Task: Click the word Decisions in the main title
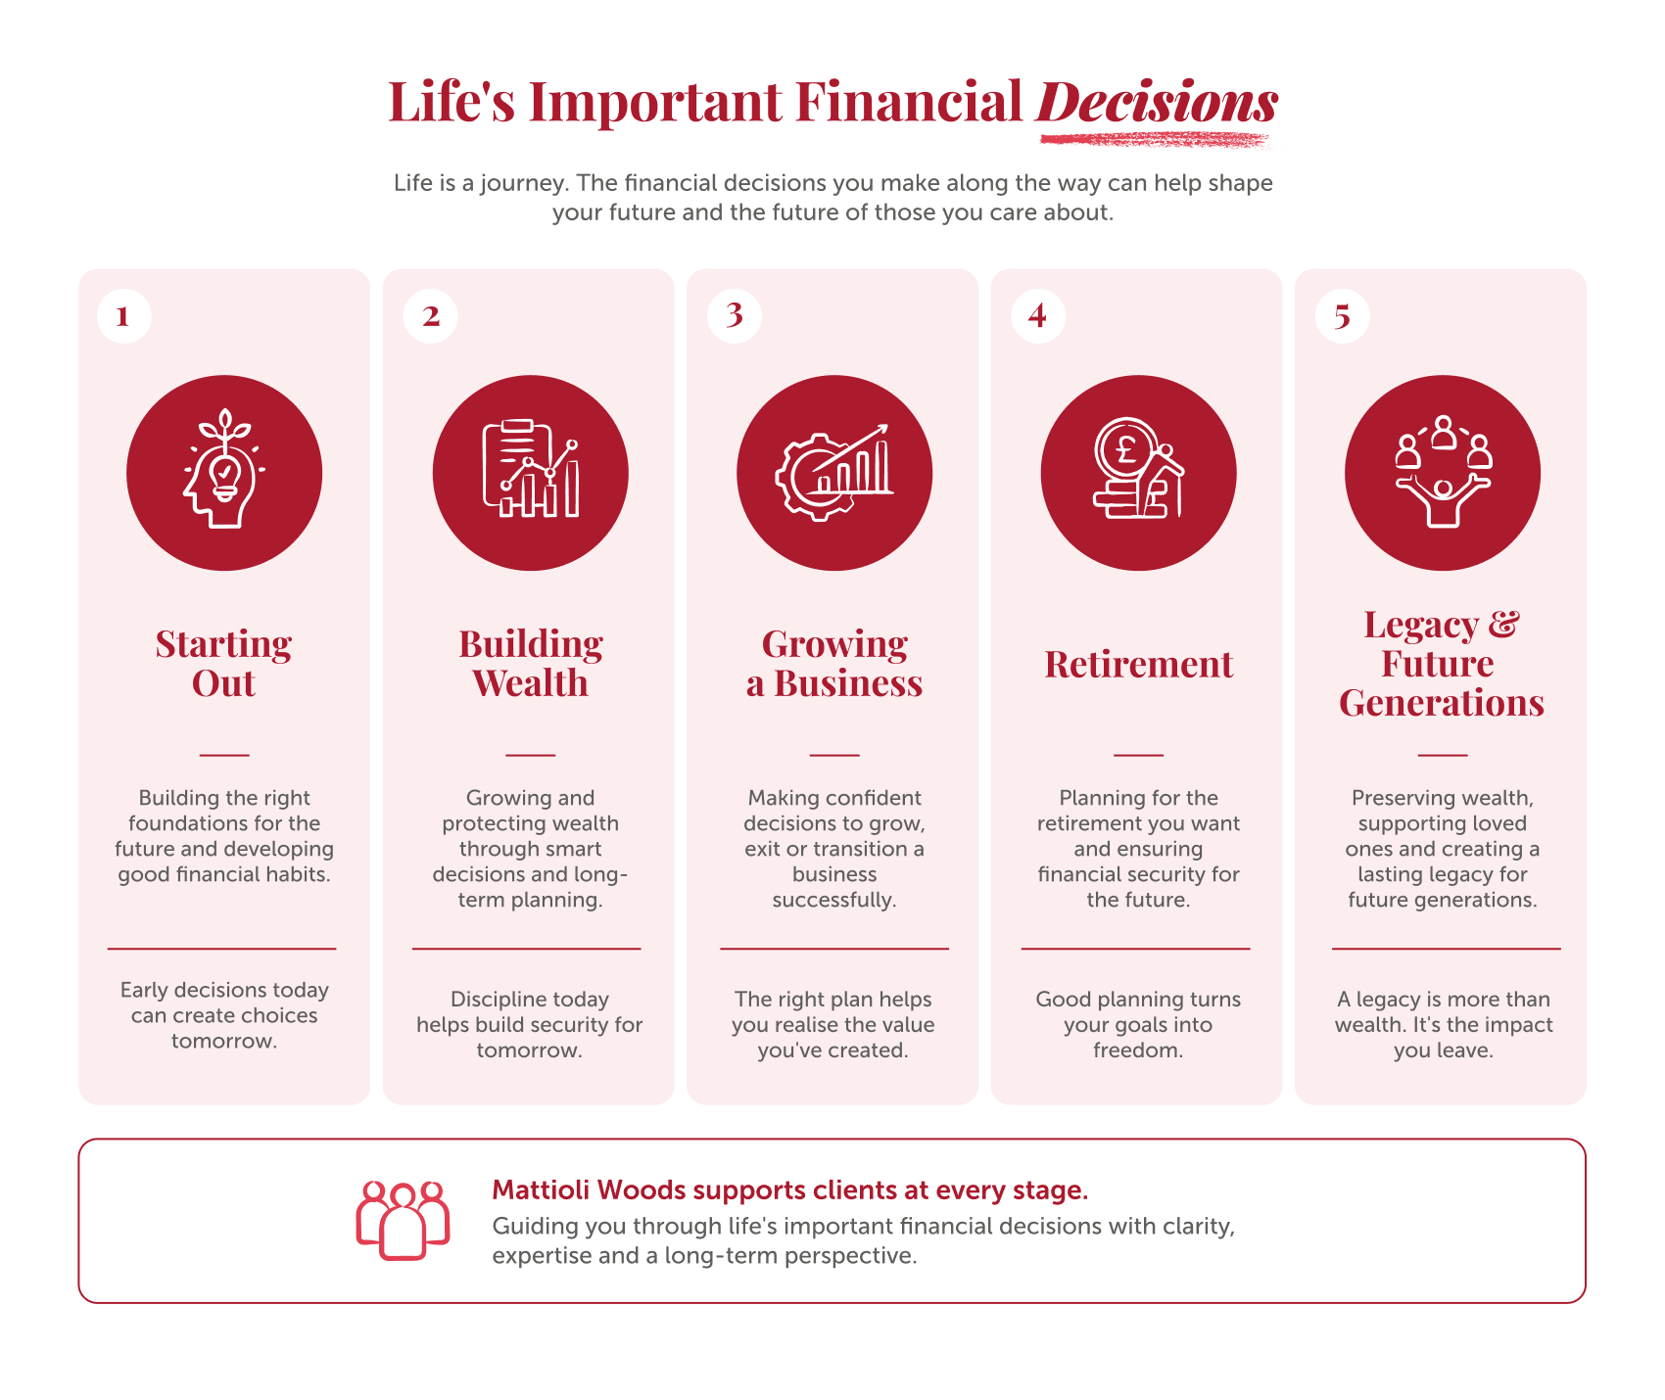1157,102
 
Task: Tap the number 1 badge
124,315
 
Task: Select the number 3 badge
734,315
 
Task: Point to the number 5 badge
1342,315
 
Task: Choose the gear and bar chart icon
834,471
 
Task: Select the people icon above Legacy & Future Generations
1443,472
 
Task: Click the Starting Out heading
224,664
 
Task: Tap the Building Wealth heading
530,664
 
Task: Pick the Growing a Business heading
834,664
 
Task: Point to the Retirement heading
1138,664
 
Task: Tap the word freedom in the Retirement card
1138,1050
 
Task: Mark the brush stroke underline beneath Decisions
1154,140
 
